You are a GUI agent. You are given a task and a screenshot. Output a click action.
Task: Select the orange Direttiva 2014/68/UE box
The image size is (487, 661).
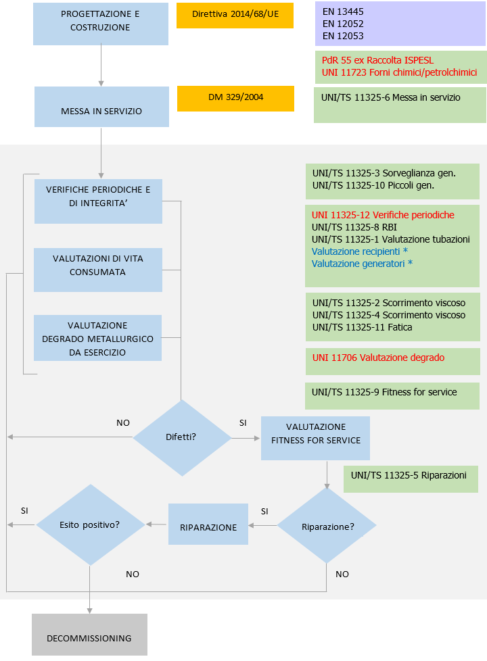click(x=235, y=15)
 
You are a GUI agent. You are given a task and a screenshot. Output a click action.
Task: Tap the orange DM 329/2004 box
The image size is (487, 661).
click(x=235, y=98)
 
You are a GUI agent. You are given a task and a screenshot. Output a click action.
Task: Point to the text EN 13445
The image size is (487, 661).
click(x=342, y=12)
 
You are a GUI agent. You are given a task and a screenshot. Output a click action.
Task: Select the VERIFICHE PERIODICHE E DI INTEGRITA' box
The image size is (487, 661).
click(x=98, y=197)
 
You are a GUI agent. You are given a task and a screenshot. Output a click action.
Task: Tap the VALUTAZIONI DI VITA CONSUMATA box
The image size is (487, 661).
click(x=98, y=266)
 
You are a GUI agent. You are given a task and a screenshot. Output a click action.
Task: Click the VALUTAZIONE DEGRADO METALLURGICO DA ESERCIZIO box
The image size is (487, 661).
click(x=98, y=339)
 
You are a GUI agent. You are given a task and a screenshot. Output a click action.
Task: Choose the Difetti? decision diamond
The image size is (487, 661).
click(x=181, y=437)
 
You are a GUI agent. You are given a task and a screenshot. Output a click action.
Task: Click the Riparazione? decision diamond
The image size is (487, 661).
click(x=327, y=527)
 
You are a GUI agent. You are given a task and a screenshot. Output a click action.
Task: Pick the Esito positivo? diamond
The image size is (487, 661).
click(x=90, y=524)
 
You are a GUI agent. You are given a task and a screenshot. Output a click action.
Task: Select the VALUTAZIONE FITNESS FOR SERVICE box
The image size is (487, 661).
click(x=316, y=434)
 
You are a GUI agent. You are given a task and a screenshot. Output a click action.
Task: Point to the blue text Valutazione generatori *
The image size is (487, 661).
click(x=362, y=264)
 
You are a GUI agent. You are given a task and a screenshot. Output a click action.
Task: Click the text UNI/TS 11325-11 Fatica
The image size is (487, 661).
click(x=362, y=327)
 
